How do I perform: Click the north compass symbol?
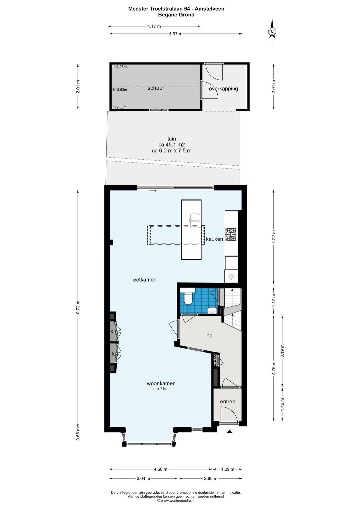272,31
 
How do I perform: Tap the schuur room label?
156,88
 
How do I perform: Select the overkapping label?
223,89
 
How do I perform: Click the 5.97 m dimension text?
176,34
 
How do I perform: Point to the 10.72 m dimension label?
78,308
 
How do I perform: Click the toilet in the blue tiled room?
188,296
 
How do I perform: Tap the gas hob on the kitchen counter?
231,235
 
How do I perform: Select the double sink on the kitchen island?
194,221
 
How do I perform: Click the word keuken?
214,239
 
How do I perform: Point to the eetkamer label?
144,280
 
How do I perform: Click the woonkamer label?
161,383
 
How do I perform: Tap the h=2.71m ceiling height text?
160,388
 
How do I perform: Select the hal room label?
210,335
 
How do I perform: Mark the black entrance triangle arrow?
229,431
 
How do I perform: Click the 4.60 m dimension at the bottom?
161,469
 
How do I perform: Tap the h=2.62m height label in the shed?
120,90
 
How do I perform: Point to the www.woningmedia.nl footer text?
176,500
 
